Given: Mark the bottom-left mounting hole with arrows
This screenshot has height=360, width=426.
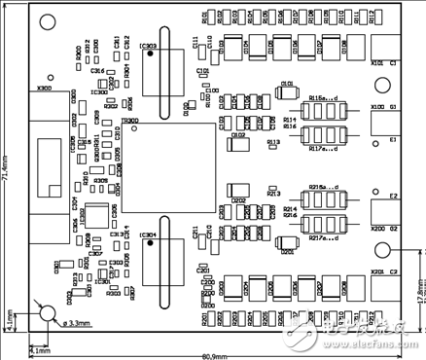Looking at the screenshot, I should point(45,312).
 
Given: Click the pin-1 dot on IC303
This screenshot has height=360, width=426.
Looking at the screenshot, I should point(150,54).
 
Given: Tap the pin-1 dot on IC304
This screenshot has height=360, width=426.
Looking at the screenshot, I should point(150,245).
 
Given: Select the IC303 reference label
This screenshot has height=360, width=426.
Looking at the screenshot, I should point(149,46).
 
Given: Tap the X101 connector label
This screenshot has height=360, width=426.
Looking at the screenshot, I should point(377,63).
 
